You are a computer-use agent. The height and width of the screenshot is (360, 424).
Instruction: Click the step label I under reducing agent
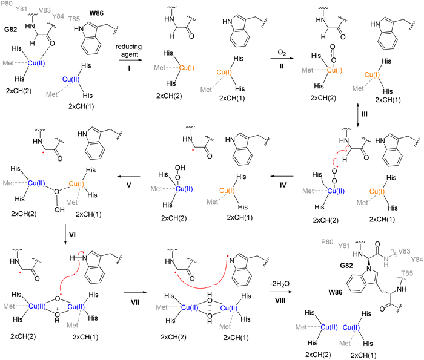coord(129,68)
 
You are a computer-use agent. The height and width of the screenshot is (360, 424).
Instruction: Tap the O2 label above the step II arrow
coord(282,53)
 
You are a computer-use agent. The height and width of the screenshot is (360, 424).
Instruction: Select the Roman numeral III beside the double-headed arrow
coord(365,114)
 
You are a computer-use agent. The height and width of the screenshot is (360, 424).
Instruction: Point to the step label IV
coord(283,185)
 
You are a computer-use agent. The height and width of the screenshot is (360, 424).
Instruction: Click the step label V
coord(128,185)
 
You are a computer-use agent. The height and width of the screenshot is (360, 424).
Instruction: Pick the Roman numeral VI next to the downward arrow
coord(72,235)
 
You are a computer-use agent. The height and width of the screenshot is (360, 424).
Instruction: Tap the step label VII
coord(135,302)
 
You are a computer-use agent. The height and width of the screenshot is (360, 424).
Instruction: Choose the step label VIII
coord(280,301)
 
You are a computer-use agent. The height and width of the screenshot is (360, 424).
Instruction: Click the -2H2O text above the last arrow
coord(280,284)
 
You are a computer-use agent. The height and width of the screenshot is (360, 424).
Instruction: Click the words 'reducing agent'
coord(128,50)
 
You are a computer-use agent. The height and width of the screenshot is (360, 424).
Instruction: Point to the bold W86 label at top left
coord(96,13)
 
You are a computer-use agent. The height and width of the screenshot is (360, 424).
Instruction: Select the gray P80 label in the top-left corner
coord(6,4)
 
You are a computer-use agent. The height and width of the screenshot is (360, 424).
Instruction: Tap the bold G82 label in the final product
coord(346,266)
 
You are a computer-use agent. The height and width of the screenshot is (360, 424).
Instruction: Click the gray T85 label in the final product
coord(407,273)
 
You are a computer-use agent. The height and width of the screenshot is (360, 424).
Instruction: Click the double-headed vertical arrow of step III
coord(358,114)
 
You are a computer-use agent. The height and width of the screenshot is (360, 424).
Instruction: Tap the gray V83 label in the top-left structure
coord(45,10)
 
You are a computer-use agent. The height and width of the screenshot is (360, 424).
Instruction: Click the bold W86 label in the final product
coord(336,292)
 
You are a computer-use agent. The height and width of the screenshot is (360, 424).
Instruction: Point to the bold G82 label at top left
coord(11,30)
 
